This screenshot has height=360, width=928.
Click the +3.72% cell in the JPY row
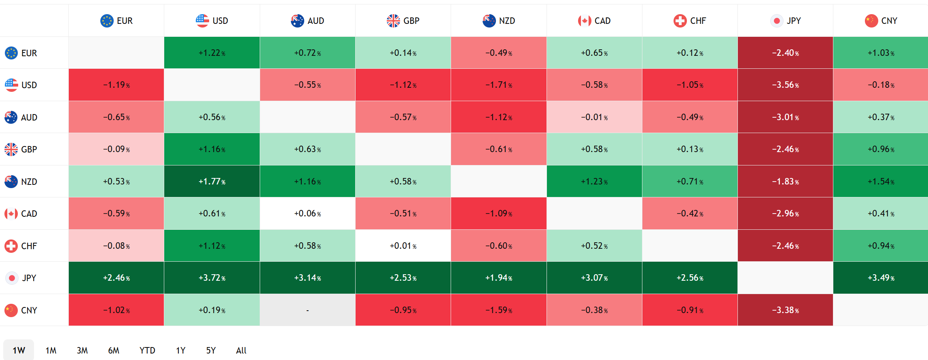(212, 278)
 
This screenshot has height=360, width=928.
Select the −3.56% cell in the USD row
(785, 85)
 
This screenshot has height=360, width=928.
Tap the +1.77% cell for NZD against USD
(212, 182)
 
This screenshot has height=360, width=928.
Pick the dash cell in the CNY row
(307, 310)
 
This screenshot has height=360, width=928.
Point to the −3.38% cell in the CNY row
(785, 310)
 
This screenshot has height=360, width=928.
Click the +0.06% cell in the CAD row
(307, 214)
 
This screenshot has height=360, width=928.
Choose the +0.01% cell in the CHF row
(403, 246)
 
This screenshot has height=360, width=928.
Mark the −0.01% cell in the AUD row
(594, 117)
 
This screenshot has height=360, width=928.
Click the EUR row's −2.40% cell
(785, 53)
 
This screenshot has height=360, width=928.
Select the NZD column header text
(507, 21)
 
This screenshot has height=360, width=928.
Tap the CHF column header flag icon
(680, 21)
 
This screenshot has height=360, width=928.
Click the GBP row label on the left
(29, 149)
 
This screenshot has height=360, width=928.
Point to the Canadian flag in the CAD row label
(11, 214)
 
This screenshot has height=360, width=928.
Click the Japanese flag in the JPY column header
(777, 21)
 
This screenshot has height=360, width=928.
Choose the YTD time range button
(147, 350)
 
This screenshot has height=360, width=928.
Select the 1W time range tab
(19, 350)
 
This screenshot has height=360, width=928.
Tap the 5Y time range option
(211, 350)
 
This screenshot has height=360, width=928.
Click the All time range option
(241, 350)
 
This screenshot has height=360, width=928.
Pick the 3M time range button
(82, 350)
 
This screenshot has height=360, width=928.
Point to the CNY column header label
(889, 21)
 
